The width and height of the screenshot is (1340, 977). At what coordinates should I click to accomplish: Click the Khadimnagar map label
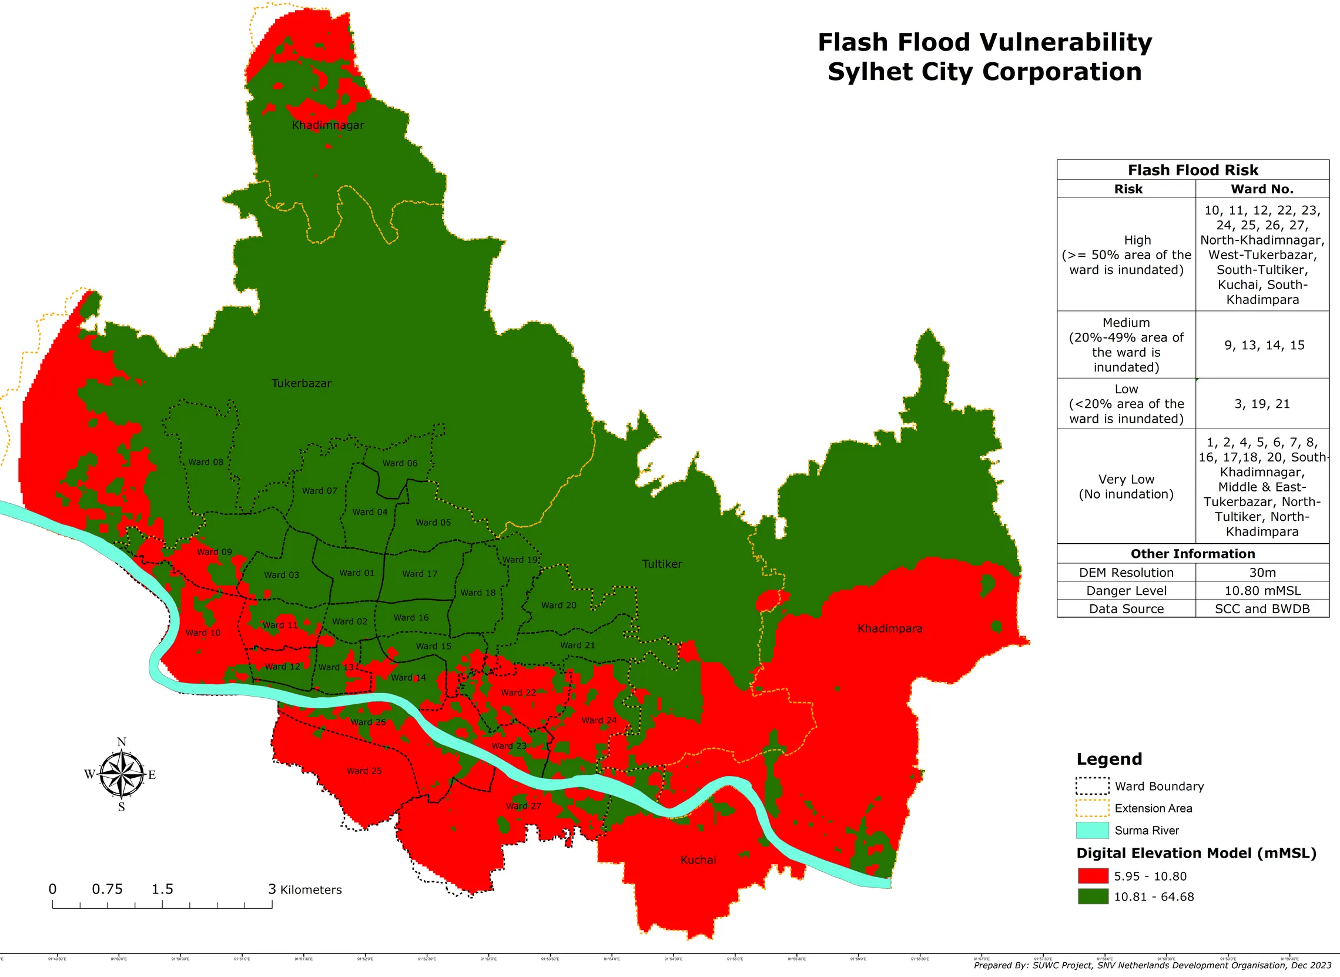click(327, 125)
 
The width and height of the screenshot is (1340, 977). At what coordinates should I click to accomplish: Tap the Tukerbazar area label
click(301, 383)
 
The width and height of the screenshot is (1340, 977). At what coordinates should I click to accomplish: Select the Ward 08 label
click(206, 462)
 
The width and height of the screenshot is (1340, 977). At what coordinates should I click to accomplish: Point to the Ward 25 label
click(364, 771)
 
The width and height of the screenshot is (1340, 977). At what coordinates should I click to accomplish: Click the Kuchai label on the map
click(698, 860)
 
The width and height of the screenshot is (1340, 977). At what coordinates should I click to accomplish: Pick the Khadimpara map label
click(889, 628)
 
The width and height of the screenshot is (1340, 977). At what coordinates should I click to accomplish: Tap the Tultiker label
click(662, 564)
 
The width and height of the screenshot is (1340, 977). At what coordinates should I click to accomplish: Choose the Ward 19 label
click(520, 560)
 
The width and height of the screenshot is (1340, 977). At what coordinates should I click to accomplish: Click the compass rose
click(121, 774)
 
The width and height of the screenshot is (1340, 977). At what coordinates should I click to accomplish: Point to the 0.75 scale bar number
click(107, 889)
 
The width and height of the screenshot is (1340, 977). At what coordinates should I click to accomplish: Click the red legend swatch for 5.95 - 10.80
click(1092, 876)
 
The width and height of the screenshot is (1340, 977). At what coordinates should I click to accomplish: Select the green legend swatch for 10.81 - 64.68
click(1092, 896)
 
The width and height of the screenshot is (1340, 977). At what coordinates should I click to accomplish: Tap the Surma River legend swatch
click(1091, 830)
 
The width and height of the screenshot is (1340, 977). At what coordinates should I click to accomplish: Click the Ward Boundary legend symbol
click(1091, 786)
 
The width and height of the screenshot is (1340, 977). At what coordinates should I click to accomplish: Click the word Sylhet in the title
click(864, 72)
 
